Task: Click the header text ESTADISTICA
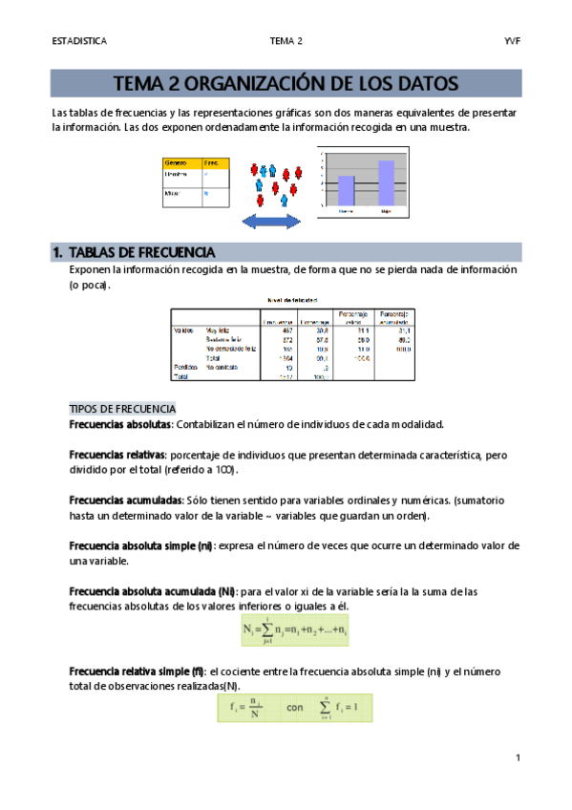[x=79, y=41]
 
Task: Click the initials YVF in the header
[x=511, y=41]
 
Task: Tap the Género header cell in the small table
[x=177, y=163]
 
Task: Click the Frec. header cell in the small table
[x=213, y=163]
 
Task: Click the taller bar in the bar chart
[x=386, y=181]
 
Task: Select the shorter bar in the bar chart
[x=347, y=190]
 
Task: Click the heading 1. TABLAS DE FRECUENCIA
[x=134, y=253]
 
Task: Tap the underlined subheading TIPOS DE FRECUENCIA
[x=123, y=408]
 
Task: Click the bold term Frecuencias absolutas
[x=119, y=424]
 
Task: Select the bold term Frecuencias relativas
[x=117, y=456]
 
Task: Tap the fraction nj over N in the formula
[x=254, y=709]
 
